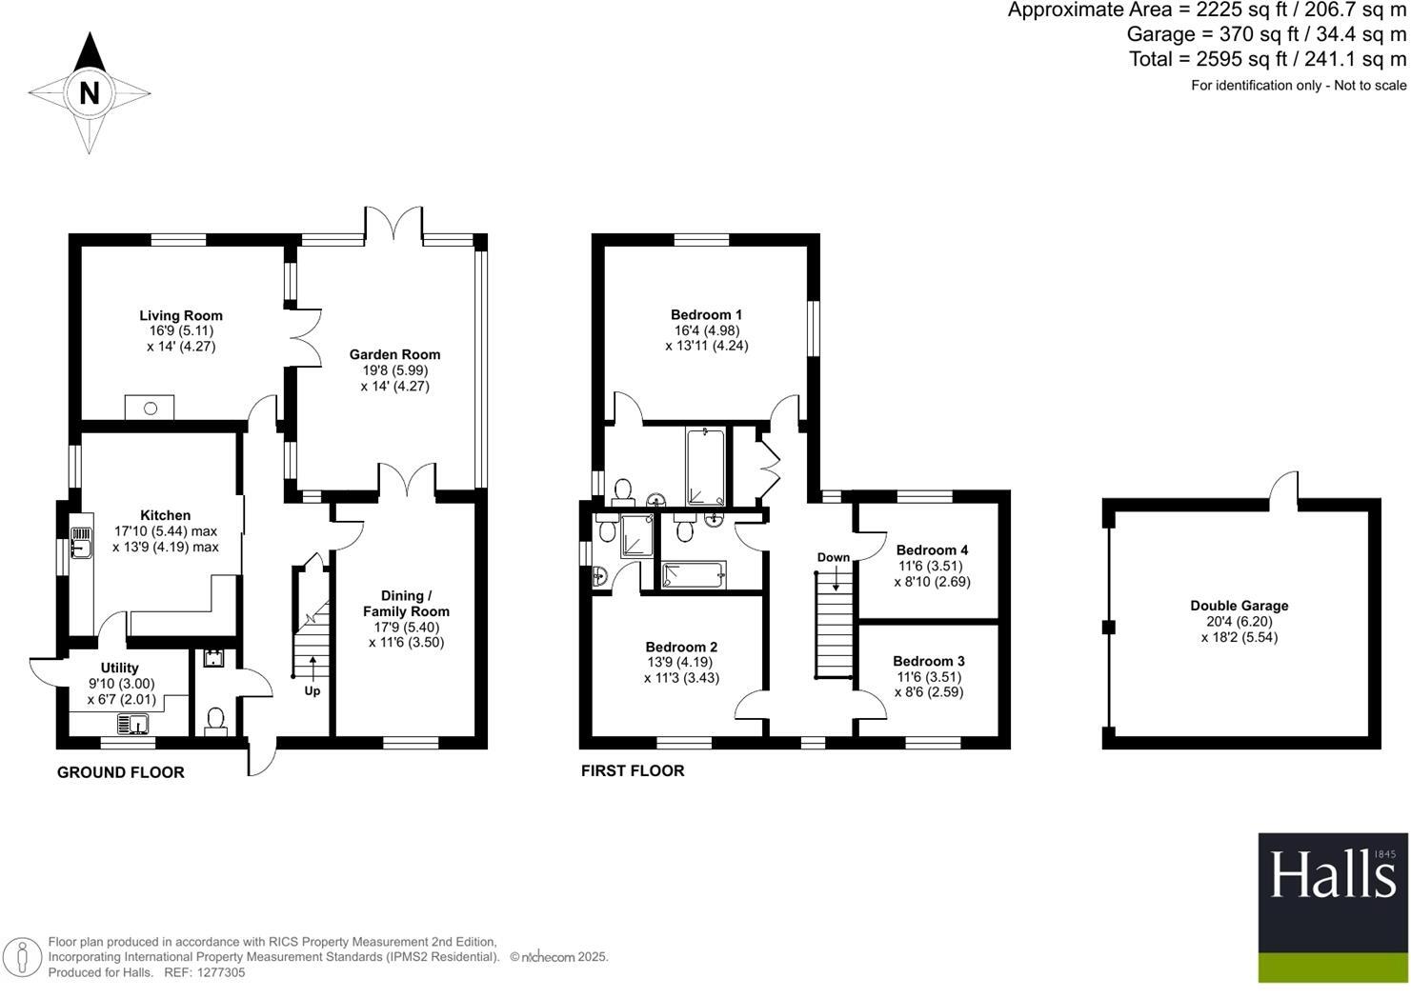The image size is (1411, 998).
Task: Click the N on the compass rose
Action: (x=90, y=93)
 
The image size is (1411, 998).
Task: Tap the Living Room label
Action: (x=181, y=316)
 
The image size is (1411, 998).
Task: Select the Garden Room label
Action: (x=394, y=354)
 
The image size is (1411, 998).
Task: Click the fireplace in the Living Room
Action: (x=151, y=409)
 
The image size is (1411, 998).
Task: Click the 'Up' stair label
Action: (x=312, y=691)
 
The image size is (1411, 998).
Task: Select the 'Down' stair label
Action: (x=833, y=557)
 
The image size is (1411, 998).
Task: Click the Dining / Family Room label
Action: (x=406, y=604)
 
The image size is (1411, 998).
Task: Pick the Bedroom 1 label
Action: (x=706, y=315)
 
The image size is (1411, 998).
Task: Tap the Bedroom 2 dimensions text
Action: (x=680, y=670)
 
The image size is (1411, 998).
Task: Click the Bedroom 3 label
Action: (x=928, y=661)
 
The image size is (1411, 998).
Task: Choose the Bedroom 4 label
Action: (x=932, y=549)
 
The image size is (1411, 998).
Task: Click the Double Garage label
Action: (x=1239, y=606)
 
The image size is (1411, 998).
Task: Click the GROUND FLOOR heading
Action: (x=121, y=772)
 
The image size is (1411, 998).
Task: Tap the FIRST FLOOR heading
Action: (x=633, y=770)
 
